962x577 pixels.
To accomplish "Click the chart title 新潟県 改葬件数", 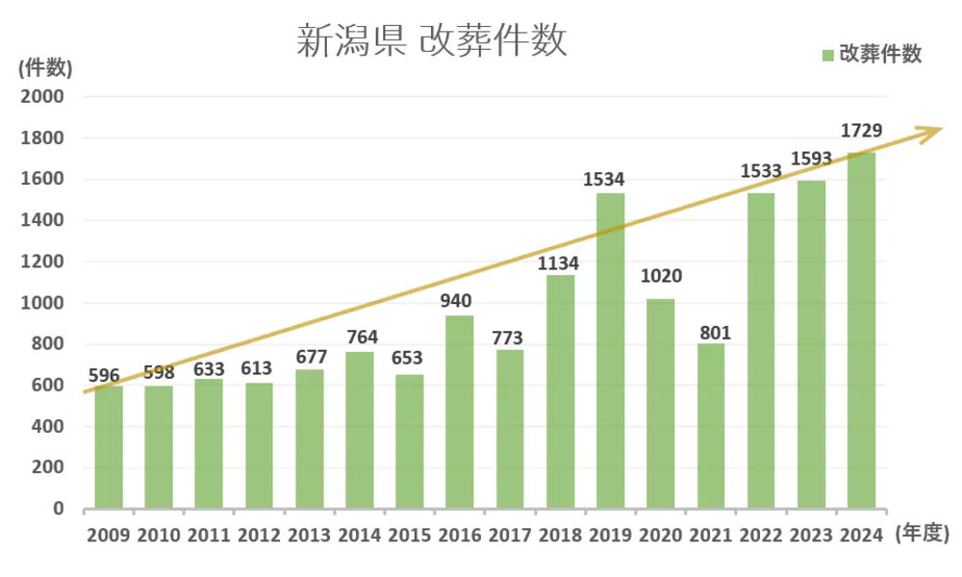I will tap(431, 42).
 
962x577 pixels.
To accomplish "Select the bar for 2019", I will tap(610, 351).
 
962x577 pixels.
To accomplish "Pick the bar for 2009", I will tap(108, 446).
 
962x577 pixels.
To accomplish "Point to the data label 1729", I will tap(861, 129).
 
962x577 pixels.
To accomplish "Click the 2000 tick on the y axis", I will tap(44, 97).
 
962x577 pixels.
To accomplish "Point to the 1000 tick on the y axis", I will tap(44, 303).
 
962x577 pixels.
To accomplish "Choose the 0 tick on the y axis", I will tap(57, 509).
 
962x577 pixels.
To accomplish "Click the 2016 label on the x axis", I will tap(460, 536).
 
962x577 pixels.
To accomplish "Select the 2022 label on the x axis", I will tap(761, 536).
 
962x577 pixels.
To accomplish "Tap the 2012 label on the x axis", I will tap(259, 536).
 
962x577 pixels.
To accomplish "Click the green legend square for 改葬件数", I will tap(828, 56).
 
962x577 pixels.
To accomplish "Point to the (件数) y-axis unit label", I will tap(43, 67).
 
